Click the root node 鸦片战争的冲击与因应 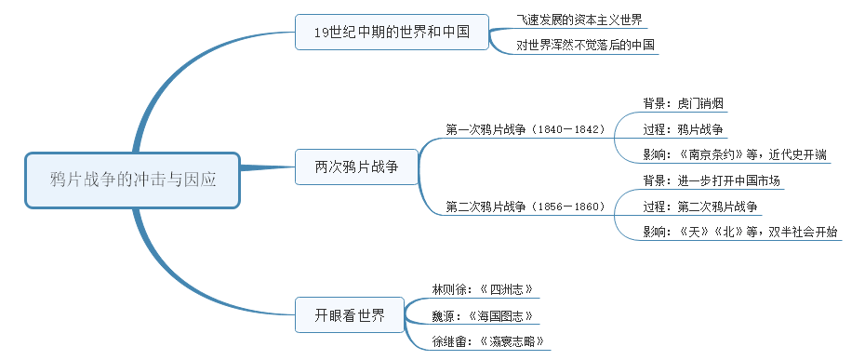tap(133, 180)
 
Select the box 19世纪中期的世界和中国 tap(393, 32)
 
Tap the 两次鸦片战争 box tap(355, 167)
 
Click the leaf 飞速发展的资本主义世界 tap(579, 20)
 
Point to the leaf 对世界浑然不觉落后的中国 tap(585, 45)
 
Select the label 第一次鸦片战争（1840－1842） tap(526, 128)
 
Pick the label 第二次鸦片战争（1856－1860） tap(526, 206)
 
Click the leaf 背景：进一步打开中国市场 tap(712, 180)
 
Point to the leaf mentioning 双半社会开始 tap(739, 232)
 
